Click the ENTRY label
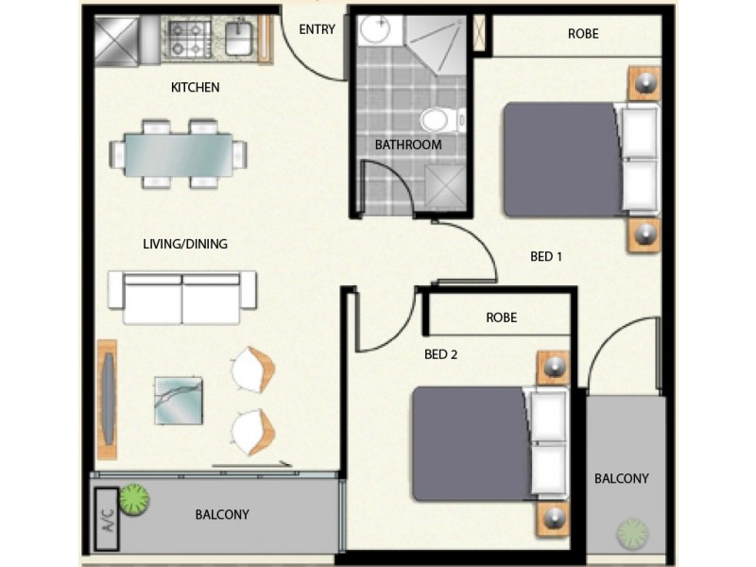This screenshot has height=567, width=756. point(317,29)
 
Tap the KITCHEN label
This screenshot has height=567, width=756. point(195,88)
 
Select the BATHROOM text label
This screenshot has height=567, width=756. point(408,146)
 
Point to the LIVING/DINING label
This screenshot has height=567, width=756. point(185,244)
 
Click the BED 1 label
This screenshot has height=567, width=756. point(546,256)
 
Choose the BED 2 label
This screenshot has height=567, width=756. point(440,355)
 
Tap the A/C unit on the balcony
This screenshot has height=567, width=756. point(106,520)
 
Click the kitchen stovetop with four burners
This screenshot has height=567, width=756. point(188,38)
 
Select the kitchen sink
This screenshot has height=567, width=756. point(239,38)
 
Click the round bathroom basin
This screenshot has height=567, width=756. point(374,30)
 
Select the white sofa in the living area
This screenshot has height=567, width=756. point(182,297)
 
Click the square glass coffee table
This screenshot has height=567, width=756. point(179,400)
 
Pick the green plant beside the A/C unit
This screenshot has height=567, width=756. point(134,499)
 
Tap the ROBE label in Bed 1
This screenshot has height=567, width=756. point(583,34)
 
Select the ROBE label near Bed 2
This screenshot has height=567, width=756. point(501,318)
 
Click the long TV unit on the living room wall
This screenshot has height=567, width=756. point(107,399)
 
